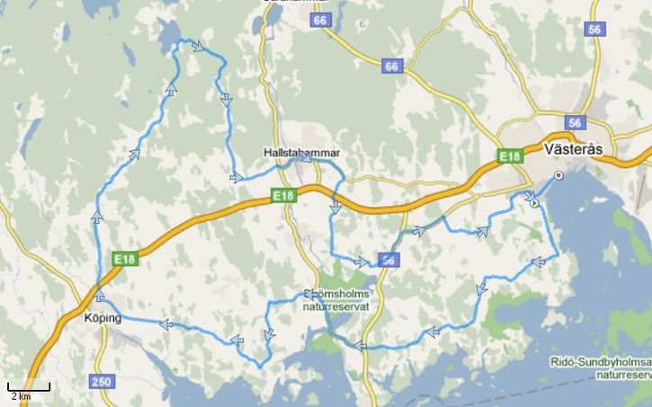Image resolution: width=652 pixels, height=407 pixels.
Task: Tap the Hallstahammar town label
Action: (x=299, y=154)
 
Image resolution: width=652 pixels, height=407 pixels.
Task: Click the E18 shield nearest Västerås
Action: (x=511, y=157)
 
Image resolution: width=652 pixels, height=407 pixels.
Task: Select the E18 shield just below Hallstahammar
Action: (x=282, y=195)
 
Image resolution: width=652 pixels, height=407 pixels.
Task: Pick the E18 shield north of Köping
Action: (x=124, y=259)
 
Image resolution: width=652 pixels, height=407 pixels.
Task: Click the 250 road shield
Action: (x=103, y=382)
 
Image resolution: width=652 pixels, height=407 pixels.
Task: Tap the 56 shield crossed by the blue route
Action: (x=388, y=260)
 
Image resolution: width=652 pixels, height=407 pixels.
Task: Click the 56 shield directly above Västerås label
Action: (x=576, y=123)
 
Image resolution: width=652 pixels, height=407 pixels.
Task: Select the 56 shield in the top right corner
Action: (x=593, y=29)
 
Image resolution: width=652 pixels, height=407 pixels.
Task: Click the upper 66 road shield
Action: (x=318, y=20)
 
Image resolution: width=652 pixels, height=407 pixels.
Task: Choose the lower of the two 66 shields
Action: (x=390, y=66)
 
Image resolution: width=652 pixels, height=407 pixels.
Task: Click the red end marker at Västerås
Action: (x=559, y=175)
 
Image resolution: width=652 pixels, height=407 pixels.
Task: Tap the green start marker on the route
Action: (x=535, y=204)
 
